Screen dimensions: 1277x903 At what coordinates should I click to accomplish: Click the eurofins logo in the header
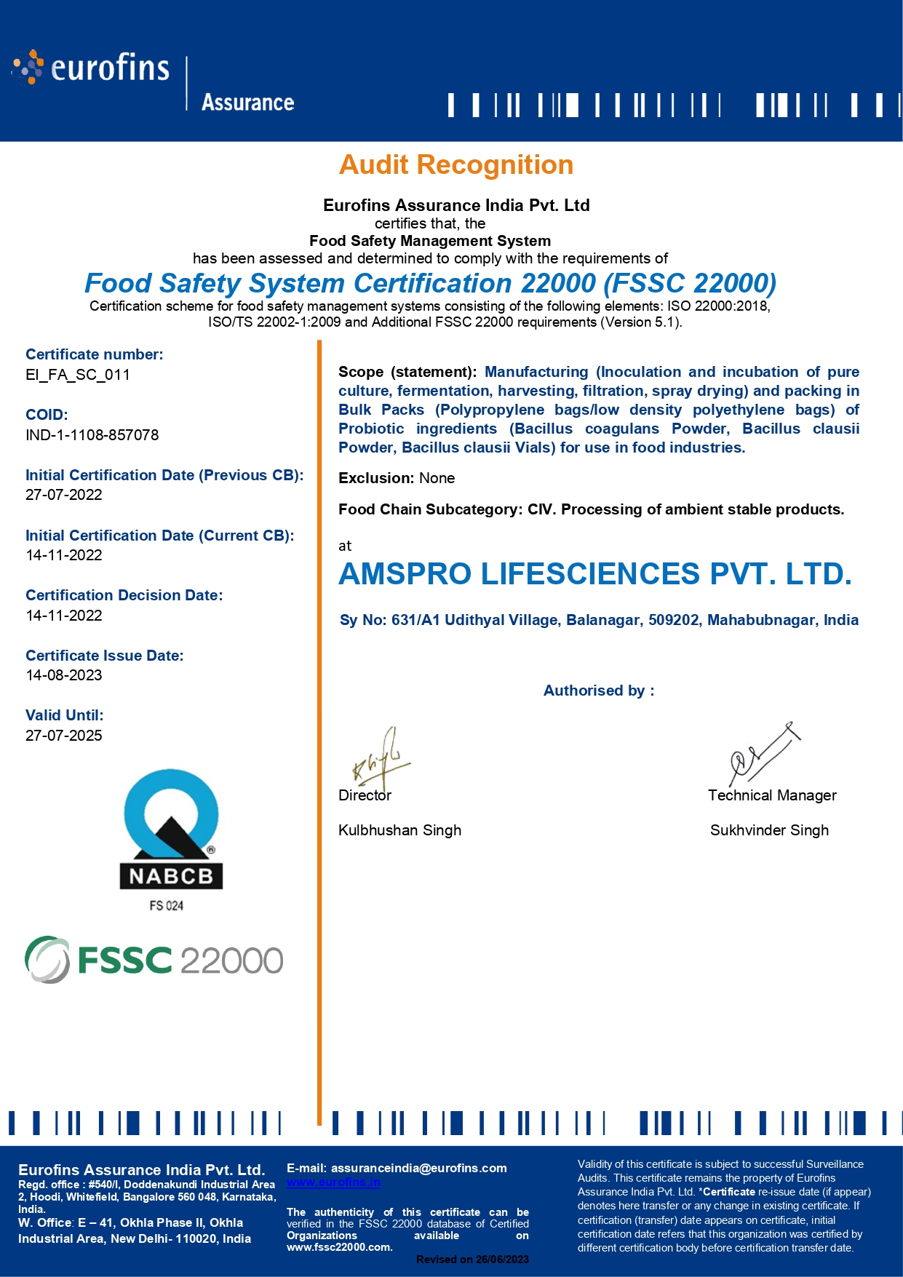[x=91, y=68]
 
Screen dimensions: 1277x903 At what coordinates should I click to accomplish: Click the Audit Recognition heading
[x=456, y=165]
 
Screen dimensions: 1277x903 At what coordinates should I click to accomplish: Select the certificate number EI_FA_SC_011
[x=78, y=375]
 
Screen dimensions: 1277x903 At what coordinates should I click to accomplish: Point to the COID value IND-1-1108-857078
[x=92, y=435]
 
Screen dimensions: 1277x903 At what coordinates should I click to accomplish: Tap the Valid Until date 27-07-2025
[x=64, y=736]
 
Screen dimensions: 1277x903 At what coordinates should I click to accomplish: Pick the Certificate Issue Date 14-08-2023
[x=64, y=675]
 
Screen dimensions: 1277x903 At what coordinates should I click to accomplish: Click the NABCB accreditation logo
[x=171, y=830]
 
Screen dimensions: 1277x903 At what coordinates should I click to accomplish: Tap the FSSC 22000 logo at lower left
[x=154, y=960]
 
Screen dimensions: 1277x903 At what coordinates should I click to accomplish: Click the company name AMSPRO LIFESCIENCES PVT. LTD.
[x=594, y=574]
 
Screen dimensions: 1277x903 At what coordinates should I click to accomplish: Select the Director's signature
[x=381, y=758]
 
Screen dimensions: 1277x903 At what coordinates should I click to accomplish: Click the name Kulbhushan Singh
[x=399, y=830]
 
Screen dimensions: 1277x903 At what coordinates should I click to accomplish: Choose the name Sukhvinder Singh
[x=769, y=830]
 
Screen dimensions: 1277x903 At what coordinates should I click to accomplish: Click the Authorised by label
[x=599, y=691]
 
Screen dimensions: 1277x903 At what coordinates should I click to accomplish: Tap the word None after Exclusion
[x=437, y=478]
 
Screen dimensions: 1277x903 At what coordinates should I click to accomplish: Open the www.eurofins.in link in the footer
[x=333, y=1182]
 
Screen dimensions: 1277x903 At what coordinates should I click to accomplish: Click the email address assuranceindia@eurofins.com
[x=419, y=1168]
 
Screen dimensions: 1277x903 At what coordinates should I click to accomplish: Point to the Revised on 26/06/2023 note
[x=472, y=1260]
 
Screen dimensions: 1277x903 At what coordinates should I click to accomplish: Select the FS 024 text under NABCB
[x=167, y=906]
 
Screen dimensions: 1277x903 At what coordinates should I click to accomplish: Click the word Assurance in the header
[x=247, y=103]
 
